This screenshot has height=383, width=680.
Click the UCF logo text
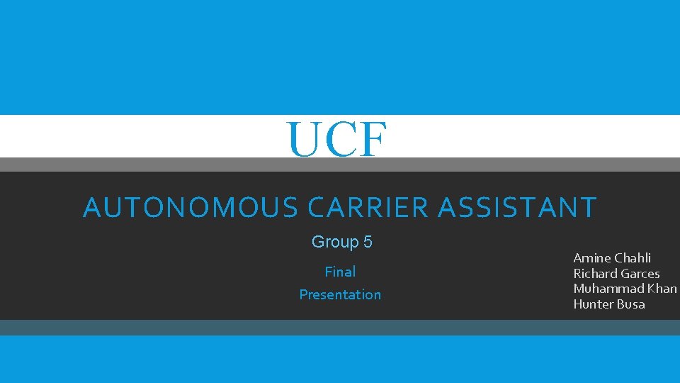[x=337, y=139]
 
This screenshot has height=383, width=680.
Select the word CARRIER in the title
[x=368, y=208]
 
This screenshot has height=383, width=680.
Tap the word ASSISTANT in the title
[x=518, y=208]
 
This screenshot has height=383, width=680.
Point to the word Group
[x=335, y=243]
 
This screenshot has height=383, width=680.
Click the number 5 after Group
[x=368, y=243]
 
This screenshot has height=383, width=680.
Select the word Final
[x=340, y=272]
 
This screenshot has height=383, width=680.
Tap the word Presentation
[x=340, y=294]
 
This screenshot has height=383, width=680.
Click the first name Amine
[x=592, y=257]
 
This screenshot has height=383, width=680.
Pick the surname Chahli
[x=633, y=257]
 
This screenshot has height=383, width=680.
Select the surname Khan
[x=662, y=289]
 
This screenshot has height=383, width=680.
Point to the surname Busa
[x=630, y=304]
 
